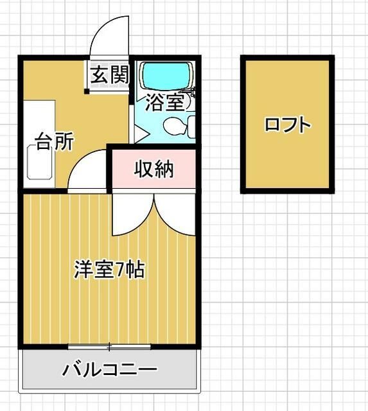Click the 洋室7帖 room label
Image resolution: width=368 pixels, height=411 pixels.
click(109, 268)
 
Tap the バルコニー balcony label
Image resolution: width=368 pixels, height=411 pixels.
click(110, 370)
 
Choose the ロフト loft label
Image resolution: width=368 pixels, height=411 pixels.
click(287, 125)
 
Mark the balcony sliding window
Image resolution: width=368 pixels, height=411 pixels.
click(109, 347)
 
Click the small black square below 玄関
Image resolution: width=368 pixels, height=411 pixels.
click(87, 91)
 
